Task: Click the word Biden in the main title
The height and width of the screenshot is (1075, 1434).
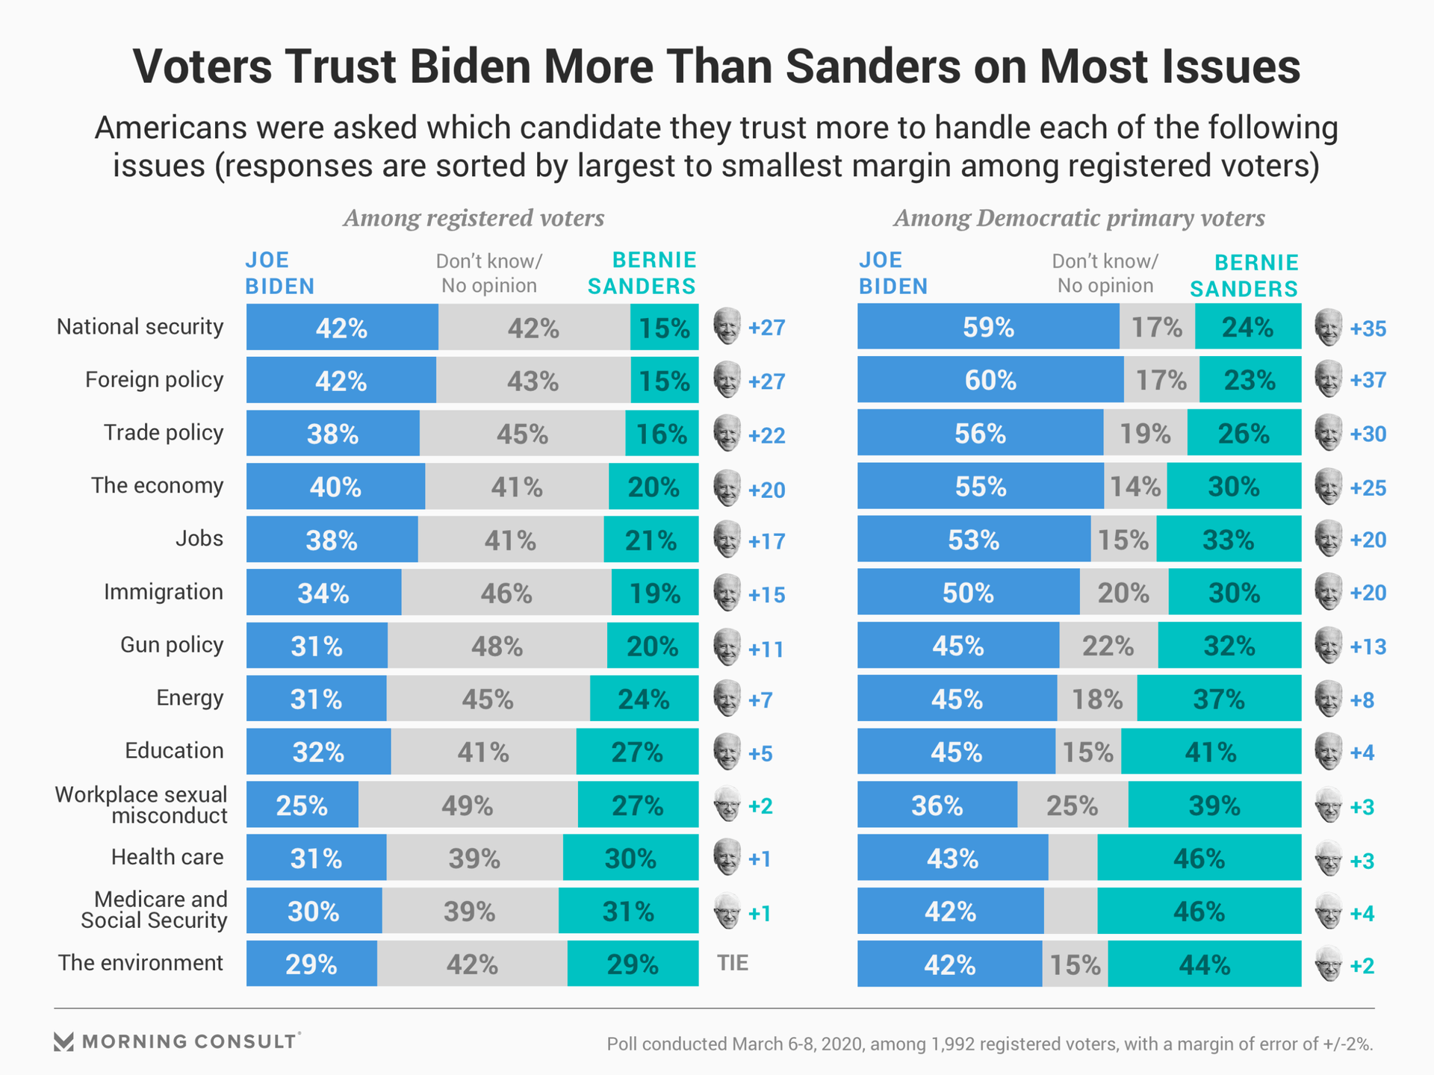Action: click(x=470, y=66)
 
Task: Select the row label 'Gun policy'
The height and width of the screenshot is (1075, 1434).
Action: click(x=172, y=645)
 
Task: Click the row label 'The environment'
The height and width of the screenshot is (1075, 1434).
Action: click(x=140, y=963)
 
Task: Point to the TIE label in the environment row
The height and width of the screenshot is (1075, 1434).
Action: click(x=733, y=963)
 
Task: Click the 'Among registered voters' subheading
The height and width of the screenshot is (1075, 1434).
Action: click(x=474, y=218)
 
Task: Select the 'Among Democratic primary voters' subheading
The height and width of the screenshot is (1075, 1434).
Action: click(x=1079, y=218)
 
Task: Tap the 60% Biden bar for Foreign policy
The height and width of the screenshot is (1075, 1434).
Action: click(x=990, y=380)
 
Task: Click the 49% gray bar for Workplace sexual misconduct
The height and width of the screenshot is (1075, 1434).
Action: click(x=468, y=806)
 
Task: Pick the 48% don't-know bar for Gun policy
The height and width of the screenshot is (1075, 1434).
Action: click(x=497, y=646)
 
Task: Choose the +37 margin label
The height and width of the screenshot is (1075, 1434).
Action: click(x=1368, y=380)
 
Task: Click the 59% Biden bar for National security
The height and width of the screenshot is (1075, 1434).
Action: click(x=988, y=327)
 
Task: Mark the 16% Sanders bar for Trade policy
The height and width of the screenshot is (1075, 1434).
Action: click(x=662, y=434)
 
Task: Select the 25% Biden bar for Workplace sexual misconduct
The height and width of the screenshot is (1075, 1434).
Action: click(x=302, y=806)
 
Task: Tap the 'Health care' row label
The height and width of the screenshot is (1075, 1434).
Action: click(x=167, y=857)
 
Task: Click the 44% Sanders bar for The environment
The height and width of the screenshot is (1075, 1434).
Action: click(x=1204, y=965)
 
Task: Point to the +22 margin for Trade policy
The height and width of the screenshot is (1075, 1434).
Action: click(x=767, y=435)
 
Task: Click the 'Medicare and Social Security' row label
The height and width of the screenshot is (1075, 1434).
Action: click(x=153, y=910)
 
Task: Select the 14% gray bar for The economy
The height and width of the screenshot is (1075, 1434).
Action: click(x=1135, y=487)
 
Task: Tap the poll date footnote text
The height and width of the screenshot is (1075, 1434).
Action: click(x=990, y=1044)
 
